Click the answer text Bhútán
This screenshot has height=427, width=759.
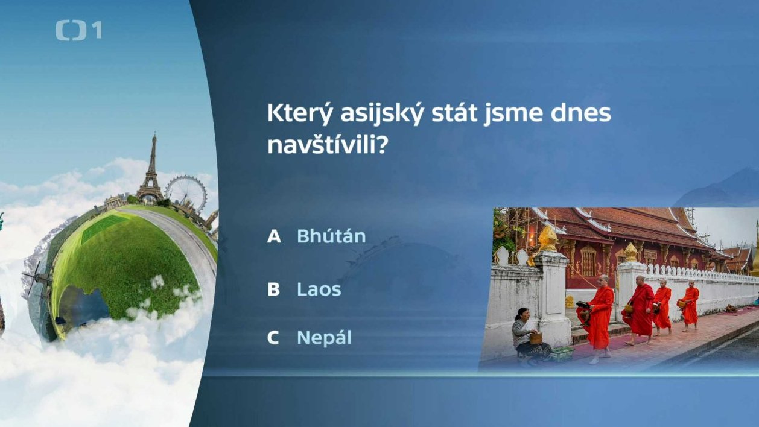(x=331, y=236)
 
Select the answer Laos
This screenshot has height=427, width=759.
(x=319, y=289)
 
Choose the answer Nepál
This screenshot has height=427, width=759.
(x=324, y=338)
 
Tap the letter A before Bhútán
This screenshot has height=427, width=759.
(x=274, y=236)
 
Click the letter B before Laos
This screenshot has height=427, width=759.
(x=273, y=289)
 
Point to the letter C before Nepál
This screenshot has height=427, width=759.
(x=273, y=338)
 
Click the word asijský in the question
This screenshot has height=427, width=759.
(x=382, y=114)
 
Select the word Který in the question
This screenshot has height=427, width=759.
(x=299, y=114)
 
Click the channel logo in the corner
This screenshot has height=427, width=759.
(x=78, y=30)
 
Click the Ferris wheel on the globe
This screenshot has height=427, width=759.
(x=186, y=192)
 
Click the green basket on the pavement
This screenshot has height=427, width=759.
(x=562, y=354)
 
